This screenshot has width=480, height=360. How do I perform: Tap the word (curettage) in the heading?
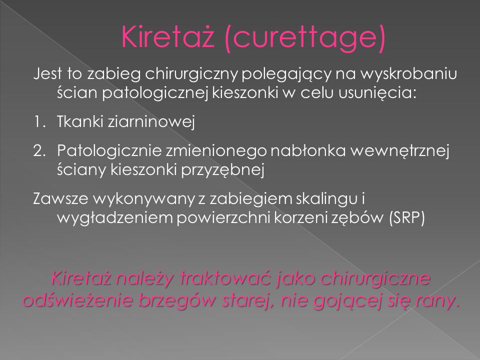pos(304,38)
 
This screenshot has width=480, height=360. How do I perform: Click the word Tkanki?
pos(80,121)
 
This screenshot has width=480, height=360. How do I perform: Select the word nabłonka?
pos(308,150)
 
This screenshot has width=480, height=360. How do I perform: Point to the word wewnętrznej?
pos(400,151)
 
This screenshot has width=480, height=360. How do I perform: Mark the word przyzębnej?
pos(222,170)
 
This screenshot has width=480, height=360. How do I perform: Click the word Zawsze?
pos(60,199)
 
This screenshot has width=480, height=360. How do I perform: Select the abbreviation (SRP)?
pos(407,218)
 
